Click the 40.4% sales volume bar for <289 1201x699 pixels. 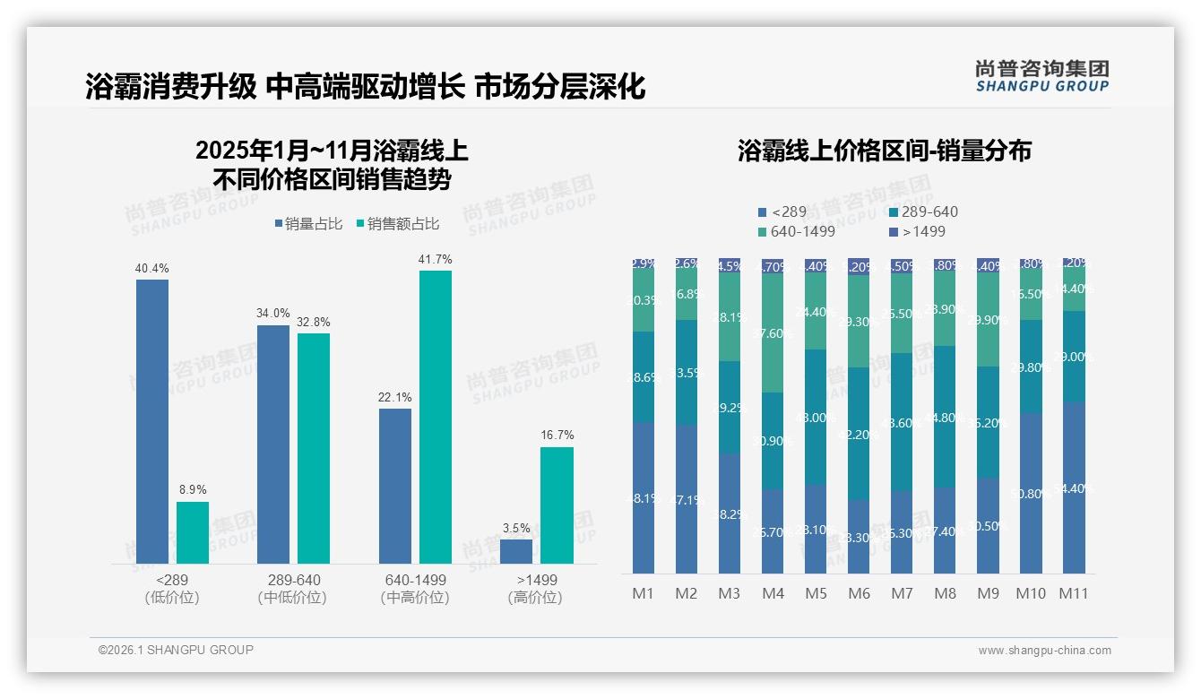click(x=152, y=421)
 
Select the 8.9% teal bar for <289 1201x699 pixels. click(x=193, y=532)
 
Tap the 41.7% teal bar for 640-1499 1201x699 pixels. click(x=436, y=417)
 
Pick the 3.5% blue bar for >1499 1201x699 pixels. click(x=516, y=551)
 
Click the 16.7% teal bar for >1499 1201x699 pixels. click(x=557, y=505)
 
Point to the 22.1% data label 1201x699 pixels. click(x=395, y=398)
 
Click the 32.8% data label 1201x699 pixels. click(x=314, y=323)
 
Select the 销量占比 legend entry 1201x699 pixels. click(x=307, y=224)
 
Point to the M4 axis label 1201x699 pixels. click(x=773, y=593)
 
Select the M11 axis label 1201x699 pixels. click(x=1074, y=593)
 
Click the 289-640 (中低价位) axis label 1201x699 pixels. click(x=292, y=589)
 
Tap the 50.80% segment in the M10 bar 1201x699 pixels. click(x=1031, y=493)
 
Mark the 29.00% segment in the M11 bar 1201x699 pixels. click(x=1074, y=357)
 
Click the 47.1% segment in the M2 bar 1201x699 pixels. click(x=687, y=499)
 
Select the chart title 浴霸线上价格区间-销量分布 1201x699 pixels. click(x=885, y=151)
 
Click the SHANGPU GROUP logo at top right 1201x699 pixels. click(x=1041, y=75)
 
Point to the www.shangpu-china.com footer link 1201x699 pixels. click(x=1044, y=651)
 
